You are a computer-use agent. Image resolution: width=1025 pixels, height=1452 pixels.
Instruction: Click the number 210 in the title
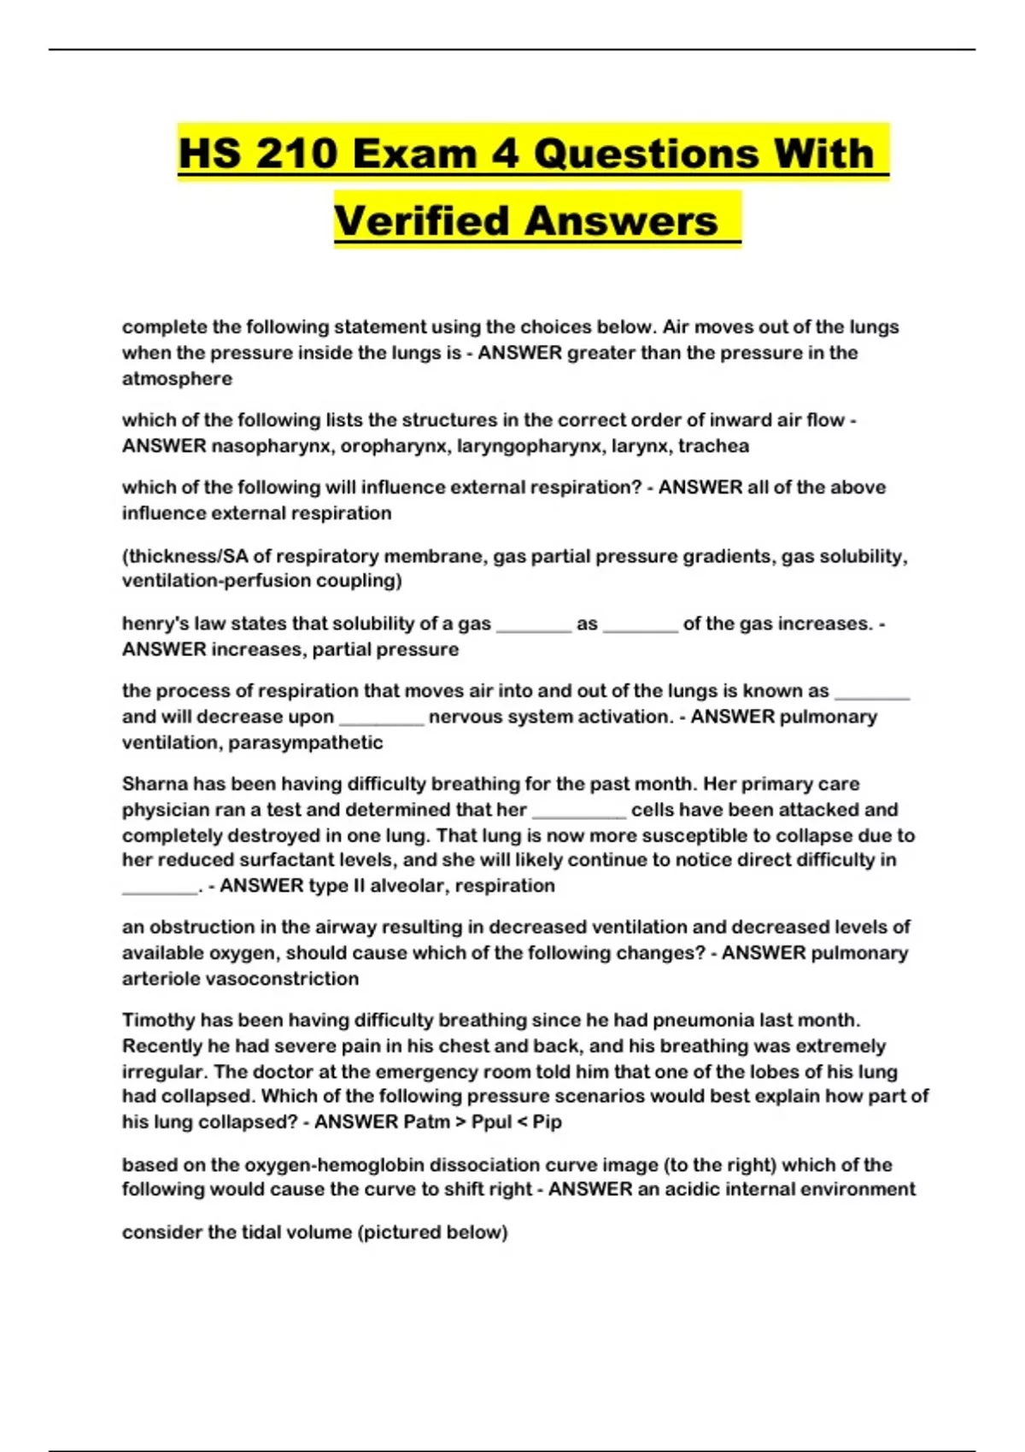pos(294,154)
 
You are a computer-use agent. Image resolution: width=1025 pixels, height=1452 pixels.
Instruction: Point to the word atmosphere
pos(177,378)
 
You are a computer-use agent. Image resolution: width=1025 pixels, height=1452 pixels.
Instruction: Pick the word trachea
pos(713,446)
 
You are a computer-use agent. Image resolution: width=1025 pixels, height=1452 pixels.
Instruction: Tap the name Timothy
pos(159,1020)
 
